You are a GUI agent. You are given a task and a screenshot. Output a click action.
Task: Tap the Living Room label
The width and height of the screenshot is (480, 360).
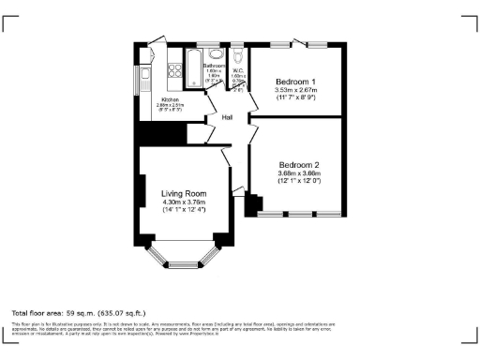coord(184,193)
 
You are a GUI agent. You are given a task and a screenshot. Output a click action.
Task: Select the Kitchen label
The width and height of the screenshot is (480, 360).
coord(170,99)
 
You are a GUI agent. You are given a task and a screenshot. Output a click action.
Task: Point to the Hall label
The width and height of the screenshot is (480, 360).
coord(227,117)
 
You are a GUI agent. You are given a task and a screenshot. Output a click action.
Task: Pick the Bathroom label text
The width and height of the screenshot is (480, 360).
coord(215,67)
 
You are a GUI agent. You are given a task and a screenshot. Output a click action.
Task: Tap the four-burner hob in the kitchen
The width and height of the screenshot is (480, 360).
coord(174,69)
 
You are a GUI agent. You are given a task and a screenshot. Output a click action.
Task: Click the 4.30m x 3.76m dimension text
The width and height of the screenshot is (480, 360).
coord(184,202)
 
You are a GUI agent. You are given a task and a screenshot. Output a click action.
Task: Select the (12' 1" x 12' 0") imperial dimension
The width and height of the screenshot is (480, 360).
coord(299,181)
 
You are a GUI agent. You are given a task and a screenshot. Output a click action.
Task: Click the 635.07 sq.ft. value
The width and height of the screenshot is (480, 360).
coord(120,312)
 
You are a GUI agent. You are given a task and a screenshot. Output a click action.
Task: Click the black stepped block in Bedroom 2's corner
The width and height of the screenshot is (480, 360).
coord(250,203)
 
